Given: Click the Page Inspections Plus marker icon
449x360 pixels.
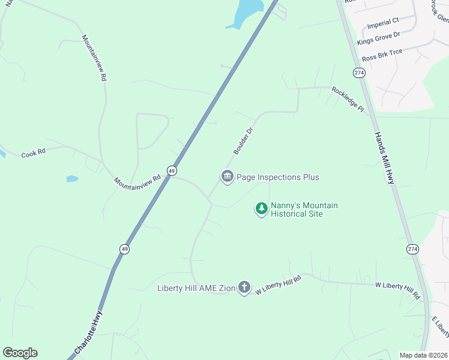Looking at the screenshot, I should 227,177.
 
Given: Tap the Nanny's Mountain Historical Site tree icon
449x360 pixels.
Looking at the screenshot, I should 261,209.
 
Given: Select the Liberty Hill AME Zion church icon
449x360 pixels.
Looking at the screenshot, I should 244,288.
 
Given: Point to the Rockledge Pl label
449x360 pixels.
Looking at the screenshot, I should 348,100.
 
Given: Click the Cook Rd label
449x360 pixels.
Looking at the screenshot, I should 34,153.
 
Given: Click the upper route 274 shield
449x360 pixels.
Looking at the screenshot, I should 359,73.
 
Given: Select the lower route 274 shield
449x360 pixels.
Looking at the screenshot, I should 412,249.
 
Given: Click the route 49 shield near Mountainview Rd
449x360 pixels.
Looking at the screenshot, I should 172,171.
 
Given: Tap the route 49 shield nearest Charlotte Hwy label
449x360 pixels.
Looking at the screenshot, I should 124,248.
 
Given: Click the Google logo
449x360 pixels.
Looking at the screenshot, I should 20,353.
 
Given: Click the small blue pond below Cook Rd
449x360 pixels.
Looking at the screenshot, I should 72,179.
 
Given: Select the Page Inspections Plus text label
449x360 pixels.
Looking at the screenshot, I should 278,177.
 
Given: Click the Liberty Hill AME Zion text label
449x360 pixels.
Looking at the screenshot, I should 196,288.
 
